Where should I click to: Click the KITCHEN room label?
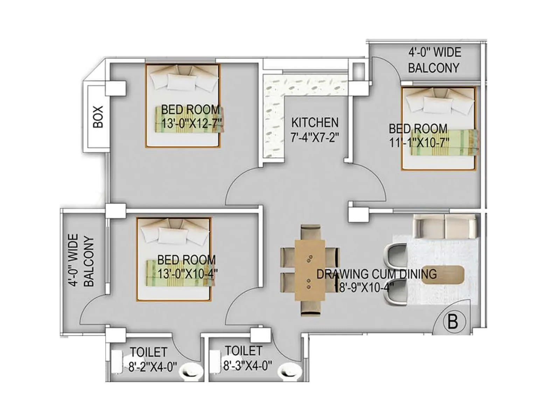pos(315,123)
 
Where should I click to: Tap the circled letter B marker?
pos(453,321)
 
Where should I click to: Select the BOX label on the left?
pos(98,117)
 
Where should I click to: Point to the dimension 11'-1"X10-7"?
pos(419,142)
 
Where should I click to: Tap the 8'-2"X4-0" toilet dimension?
pos(153,367)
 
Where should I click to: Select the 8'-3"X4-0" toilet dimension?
pos(247,366)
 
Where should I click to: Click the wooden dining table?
pos(310,269)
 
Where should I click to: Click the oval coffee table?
pos(443,275)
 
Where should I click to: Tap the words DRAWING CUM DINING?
pos(376,274)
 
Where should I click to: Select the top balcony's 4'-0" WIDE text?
pos(434,53)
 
